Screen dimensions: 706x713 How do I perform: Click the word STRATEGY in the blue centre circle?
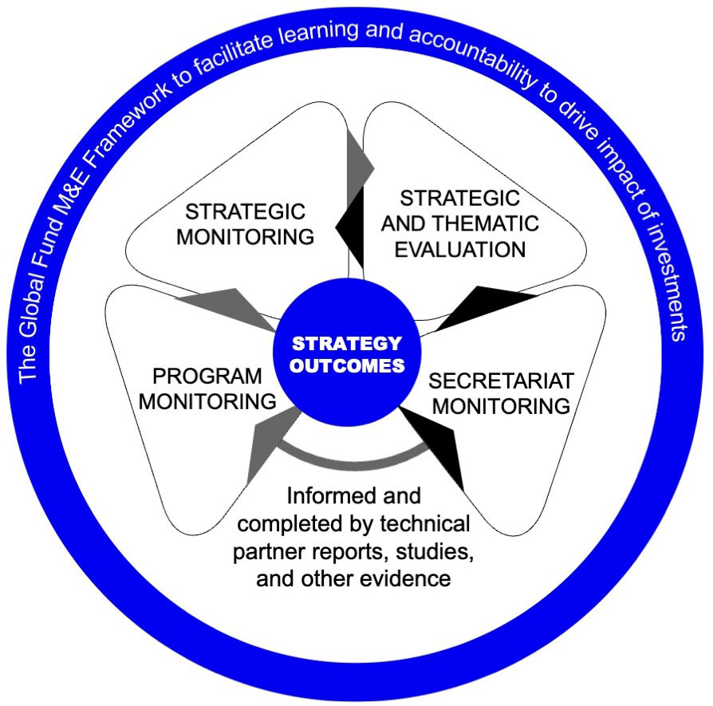(345, 344)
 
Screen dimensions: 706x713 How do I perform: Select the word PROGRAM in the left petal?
(207, 376)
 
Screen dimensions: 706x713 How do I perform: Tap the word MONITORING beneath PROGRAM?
(207, 400)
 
